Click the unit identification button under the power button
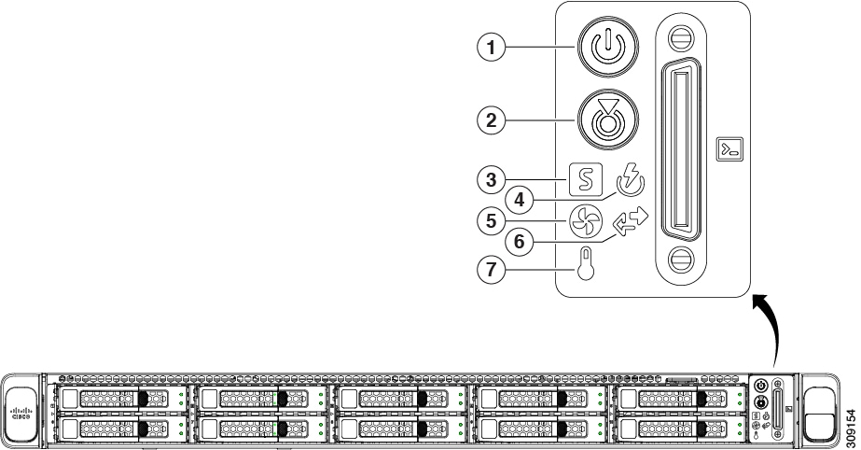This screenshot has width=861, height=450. click(607, 118)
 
